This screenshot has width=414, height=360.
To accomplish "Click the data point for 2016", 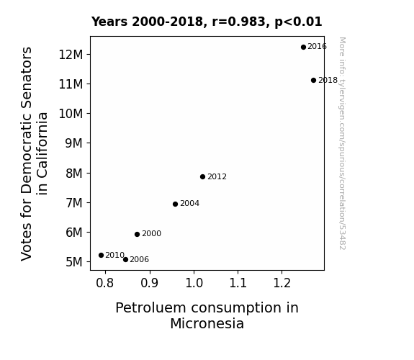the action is pos(303,47).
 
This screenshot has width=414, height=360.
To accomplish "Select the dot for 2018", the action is pos(313,80).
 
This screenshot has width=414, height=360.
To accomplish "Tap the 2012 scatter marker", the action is pos(202,176).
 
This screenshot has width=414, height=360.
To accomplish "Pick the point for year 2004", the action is pos(175,204).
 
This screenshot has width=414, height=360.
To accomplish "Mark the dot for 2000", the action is pos(137,234).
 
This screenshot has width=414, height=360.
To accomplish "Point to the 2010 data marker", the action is pos(101,255).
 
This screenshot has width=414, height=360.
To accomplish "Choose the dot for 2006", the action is pos(125,260).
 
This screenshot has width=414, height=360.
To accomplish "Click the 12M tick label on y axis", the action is pos(71,55).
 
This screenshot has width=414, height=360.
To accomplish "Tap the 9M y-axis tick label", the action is pos(74,143).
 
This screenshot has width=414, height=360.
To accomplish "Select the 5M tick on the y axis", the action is pos(74,262).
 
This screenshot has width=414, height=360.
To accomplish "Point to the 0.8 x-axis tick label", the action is pos(105,283).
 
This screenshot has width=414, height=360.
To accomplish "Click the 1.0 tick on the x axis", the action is pos(194,283).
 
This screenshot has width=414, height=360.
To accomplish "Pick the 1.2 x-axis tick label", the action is pos(282,283).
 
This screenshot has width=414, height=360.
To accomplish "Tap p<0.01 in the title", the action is pos(298,22).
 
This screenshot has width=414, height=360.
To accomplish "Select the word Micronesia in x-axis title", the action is pos(207,323).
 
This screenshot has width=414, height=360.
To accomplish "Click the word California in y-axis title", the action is pos(42,153).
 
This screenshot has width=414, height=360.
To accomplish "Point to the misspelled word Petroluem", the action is pos(151,308).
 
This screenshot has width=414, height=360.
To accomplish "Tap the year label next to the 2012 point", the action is pos(217,176).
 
